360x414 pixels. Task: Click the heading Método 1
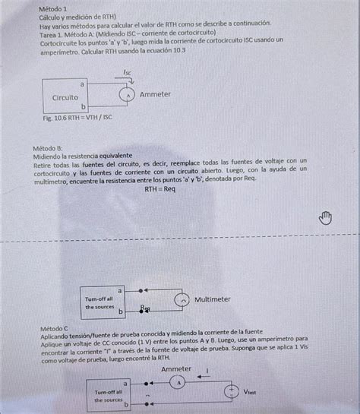tap(55, 7)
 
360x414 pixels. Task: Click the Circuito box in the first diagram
tap(65, 97)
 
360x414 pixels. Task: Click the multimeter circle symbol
tap(182, 300)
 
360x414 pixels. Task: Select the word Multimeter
tap(213, 299)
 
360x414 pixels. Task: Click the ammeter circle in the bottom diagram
tap(179, 383)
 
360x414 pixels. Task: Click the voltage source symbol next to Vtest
tap(228, 391)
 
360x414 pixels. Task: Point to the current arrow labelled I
tap(206, 373)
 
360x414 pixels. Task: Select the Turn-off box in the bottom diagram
tap(109, 395)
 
